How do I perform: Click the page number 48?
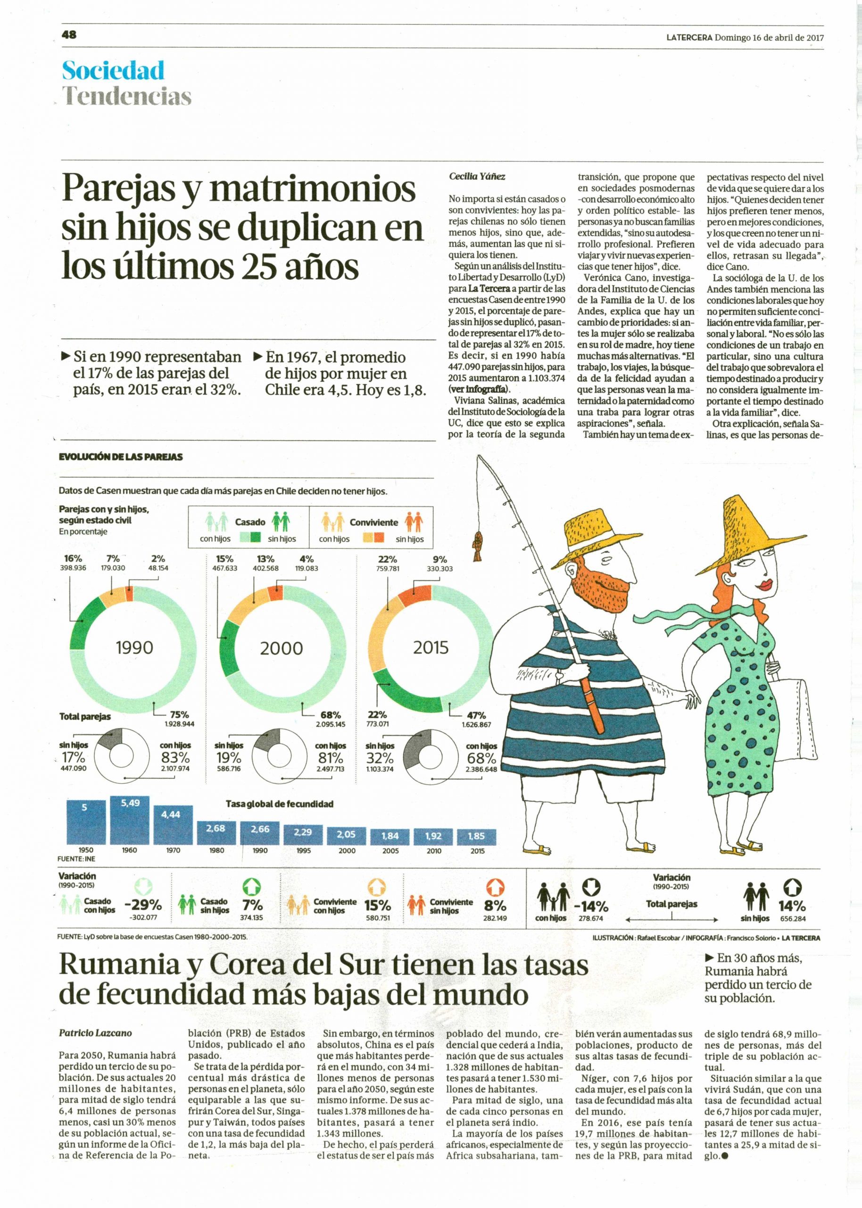coord(69,34)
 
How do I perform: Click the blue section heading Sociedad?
coord(113,71)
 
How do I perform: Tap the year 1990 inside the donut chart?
coord(134,648)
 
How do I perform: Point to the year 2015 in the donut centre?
coord(431,648)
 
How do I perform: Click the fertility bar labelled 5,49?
coord(130,819)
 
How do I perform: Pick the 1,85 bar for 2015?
coord(477,837)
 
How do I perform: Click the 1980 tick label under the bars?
coord(216,850)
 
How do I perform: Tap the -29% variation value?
coord(143,905)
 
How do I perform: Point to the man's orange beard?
coord(592,583)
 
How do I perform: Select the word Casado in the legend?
coord(250,522)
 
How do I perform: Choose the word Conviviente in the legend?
coord(373,522)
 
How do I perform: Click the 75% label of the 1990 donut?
coord(179,715)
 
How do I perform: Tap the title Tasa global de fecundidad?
coord(279,804)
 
